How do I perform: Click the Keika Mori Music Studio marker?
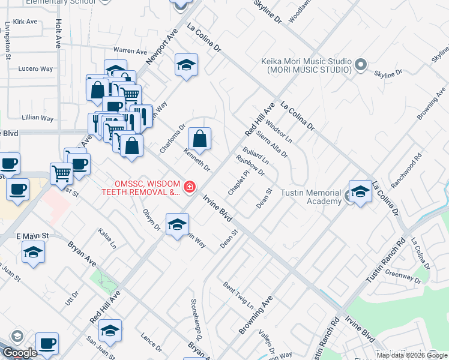(360, 64)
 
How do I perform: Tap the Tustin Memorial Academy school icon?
(360, 191)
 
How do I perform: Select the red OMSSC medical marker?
(190, 187)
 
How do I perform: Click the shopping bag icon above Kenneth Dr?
(200, 139)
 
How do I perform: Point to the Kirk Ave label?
(25, 22)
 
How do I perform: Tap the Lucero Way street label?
(36, 69)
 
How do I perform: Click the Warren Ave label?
(130, 51)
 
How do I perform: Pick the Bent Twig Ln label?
(238, 293)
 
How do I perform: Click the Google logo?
(20, 353)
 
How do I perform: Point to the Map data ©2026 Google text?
(411, 355)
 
